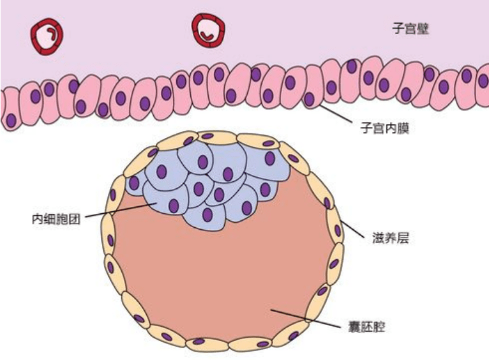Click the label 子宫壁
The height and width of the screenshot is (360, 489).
point(410,28)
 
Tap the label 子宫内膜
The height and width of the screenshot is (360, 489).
point(385,128)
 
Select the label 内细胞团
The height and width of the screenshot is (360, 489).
point(56,219)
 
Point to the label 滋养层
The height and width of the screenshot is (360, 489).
point(391,238)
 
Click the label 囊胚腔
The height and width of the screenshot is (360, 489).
point(366,327)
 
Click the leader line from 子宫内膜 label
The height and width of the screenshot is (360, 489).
point(336,114)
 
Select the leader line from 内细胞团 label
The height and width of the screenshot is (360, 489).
point(121,210)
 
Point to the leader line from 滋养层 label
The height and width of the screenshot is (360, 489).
point(352,229)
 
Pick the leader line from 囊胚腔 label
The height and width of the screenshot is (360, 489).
point(306,319)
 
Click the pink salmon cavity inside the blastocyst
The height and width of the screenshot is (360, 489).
point(218,274)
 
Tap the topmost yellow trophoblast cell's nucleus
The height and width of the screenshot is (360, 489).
point(207,136)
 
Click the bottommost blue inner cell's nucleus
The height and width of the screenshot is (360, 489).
point(207,214)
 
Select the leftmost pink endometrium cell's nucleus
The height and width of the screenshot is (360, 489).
point(11,120)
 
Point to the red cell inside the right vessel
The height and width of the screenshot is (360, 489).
point(207,36)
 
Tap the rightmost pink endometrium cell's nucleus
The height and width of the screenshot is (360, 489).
point(484,80)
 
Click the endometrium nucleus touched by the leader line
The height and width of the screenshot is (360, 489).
point(309,99)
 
